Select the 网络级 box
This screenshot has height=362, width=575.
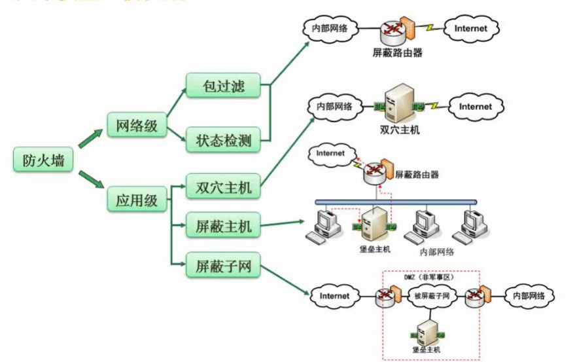[137, 126]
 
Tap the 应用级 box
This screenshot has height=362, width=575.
[137, 200]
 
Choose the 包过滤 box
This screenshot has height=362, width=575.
[224, 85]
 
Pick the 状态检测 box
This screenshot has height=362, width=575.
[224, 139]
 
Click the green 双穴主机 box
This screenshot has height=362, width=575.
[224, 187]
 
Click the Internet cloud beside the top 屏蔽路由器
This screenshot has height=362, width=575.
[471, 29]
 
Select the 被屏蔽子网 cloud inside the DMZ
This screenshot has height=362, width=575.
[431, 296]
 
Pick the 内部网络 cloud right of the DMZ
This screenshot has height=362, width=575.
[528, 296]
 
